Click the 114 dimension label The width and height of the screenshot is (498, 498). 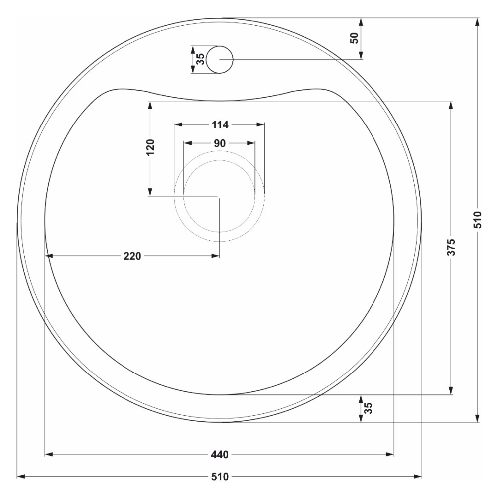(220, 125)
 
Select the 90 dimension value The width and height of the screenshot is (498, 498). (220, 143)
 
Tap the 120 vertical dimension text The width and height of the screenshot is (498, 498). (150, 147)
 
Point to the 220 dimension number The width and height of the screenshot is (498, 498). (132, 256)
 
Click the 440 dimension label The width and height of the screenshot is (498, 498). (220, 455)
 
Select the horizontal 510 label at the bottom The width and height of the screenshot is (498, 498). (220, 477)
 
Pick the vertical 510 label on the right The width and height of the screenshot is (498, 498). (478, 220)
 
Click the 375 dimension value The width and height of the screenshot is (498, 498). (451, 247)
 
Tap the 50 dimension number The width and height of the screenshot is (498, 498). (355, 38)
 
